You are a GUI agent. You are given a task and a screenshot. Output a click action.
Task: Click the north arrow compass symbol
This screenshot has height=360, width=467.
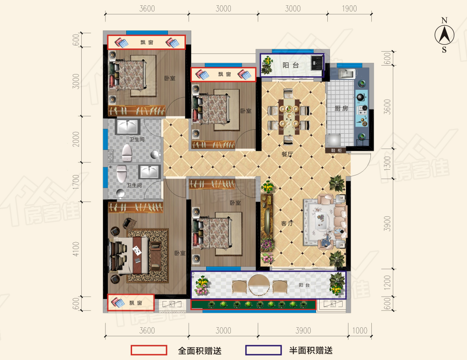444,35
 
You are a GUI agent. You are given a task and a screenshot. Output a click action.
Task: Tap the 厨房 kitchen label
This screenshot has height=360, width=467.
341,108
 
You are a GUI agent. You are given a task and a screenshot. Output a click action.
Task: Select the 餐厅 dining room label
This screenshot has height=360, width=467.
287,154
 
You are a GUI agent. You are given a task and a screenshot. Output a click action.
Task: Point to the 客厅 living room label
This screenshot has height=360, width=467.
287,223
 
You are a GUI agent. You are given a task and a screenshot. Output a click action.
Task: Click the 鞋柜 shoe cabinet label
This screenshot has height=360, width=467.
336,150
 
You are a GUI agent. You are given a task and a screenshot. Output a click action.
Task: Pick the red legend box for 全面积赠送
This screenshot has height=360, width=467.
149,350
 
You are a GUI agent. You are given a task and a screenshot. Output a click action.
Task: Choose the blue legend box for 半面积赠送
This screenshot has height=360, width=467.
264,350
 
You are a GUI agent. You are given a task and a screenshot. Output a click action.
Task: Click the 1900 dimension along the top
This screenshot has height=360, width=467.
349,9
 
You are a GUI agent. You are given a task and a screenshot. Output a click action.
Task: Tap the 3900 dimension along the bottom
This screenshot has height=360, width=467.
303,330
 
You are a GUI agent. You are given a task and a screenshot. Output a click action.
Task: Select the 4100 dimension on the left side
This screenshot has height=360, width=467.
76,249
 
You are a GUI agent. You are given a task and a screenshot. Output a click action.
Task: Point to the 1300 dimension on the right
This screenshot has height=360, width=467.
387,163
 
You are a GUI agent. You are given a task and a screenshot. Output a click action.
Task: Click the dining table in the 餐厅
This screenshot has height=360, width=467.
289,117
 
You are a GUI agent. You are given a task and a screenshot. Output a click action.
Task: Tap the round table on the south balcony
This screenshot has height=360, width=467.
259,285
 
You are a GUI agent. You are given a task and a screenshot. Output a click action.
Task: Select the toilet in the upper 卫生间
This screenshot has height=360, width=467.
127,153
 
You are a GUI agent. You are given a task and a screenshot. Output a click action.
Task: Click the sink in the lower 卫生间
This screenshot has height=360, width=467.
150,171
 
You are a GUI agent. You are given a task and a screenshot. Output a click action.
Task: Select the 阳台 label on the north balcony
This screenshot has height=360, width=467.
291,65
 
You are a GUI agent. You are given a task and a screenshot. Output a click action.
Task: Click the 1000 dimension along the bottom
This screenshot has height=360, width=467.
360,330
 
